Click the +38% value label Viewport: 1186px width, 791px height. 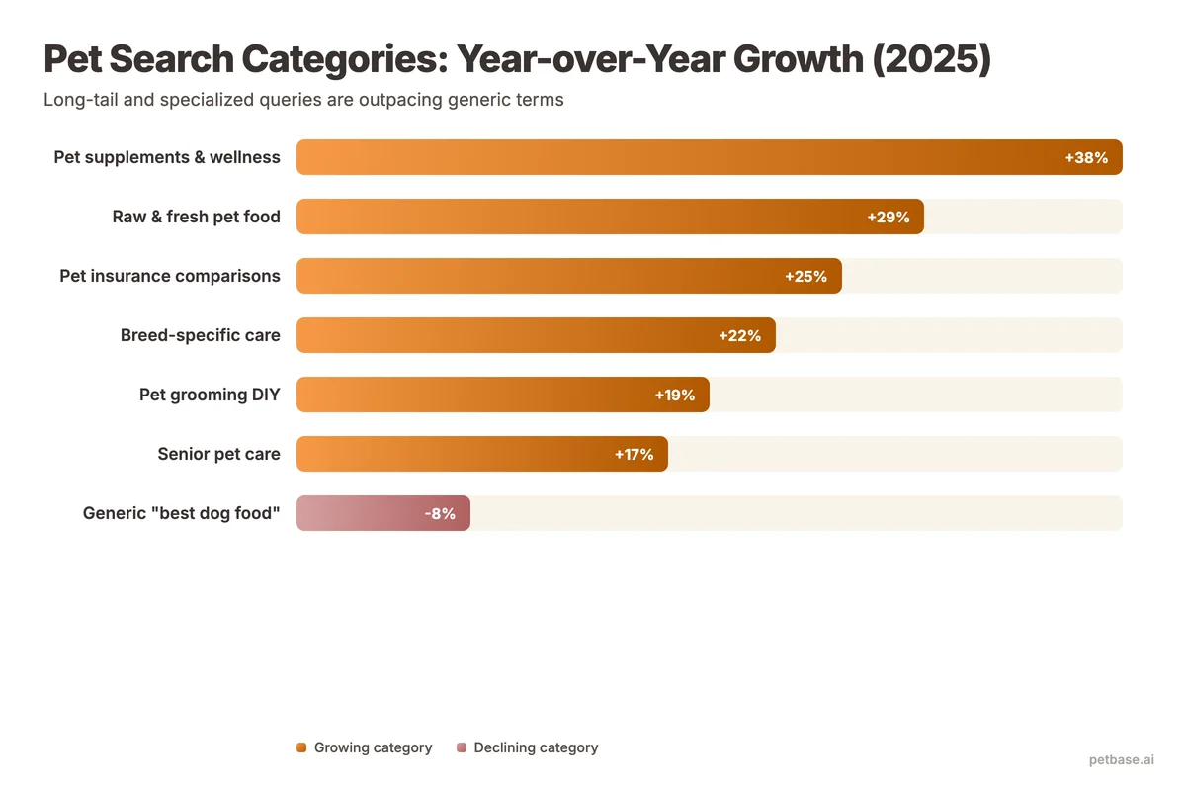pyautogui.click(x=1086, y=157)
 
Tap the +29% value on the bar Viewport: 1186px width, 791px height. pyautogui.click(x=888, y=217)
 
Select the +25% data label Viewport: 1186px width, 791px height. pyautogui.click(x=805, y=276)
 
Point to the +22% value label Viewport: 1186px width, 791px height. pyautogui.click(x=739, y=335)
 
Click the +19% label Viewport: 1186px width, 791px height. pyautogui.click(x=674, y=395)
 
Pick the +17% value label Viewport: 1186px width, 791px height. pyautogui.click(x=634, y=454)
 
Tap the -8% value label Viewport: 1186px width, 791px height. pyautogui.click(x=440, y=513)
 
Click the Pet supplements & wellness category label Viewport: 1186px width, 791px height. pyautogui.click(x=167, y=157)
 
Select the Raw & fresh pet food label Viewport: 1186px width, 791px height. pyautogui.click(x=196, y=217)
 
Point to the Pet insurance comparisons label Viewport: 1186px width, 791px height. pyautogui.click(x=170, y=276)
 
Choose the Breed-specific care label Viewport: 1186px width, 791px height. pyautogui.click(x=200, y=335)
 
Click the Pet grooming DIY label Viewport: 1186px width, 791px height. pyautogui.click(x=210, y=395)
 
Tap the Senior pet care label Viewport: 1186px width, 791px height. pyautogui.click(x=218, y=454)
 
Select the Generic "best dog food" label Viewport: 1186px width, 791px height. pyautogui.click(x=182, y=513)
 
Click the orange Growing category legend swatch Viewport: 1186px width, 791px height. pyautogui.click(x=301, y=747)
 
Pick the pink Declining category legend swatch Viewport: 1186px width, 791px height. pyautogui.click(x=462, y=747)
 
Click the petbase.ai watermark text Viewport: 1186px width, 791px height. pyautogui.click(x=1121, y=759)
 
